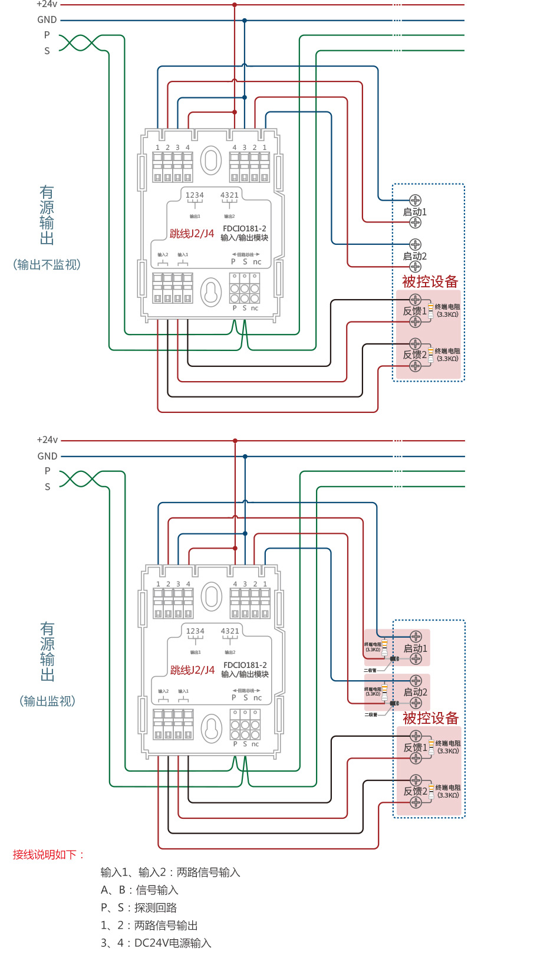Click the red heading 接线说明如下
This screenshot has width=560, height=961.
point(48,855)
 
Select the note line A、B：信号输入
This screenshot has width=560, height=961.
point(139,890)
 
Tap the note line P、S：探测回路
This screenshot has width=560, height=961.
point(139,908)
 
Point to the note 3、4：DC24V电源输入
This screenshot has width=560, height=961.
point(156,943)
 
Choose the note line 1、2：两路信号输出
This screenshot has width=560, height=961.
point(149,926)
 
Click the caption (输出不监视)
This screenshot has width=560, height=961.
point(47,265)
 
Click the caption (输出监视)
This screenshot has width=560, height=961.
point(47,701)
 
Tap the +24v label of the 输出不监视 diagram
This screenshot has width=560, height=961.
point(47,4)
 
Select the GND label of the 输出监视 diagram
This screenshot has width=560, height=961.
point(47,457)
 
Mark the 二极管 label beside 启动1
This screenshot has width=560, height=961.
point(370,671)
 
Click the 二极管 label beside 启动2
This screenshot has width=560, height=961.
point(371,715)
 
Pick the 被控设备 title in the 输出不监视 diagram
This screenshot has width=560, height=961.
point(430,282)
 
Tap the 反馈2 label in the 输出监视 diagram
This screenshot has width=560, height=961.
point(415,792)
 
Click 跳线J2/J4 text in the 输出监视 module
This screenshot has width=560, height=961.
point(192,671)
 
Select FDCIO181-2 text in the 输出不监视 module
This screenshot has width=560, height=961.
point(245,229)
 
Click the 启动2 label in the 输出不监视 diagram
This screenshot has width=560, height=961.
point(414,257)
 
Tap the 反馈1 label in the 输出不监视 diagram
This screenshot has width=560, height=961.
point(414,311)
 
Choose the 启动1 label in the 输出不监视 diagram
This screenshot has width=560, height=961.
point(414,212)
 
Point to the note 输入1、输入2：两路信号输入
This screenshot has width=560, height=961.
point(170,873)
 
